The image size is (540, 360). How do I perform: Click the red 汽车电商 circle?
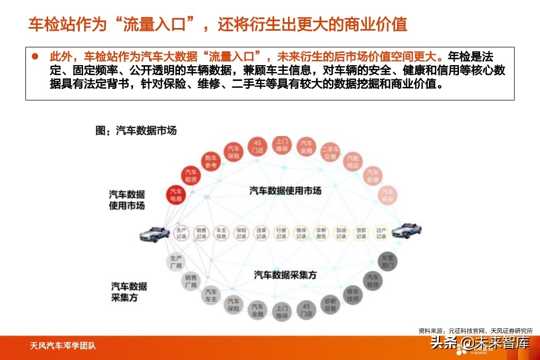pos(176,194)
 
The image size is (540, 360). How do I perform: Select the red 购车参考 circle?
pos(210,161)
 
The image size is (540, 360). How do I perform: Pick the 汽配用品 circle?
pos(353,162)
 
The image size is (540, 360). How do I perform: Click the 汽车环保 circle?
pos(387,195)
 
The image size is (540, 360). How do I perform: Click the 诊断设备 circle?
pos(330,304)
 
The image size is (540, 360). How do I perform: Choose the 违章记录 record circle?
pos(261,233)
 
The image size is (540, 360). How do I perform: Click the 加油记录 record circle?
pos(341,233)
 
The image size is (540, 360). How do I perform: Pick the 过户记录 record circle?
pos(381,233)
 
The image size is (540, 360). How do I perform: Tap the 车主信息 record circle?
pos(221,233)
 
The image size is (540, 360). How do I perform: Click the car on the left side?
pos(155,233)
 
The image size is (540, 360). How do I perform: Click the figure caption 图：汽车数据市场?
pos(136,131)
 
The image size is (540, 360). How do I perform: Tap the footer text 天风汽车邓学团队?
pos(62,347)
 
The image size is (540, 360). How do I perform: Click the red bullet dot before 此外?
pos(35,56)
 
